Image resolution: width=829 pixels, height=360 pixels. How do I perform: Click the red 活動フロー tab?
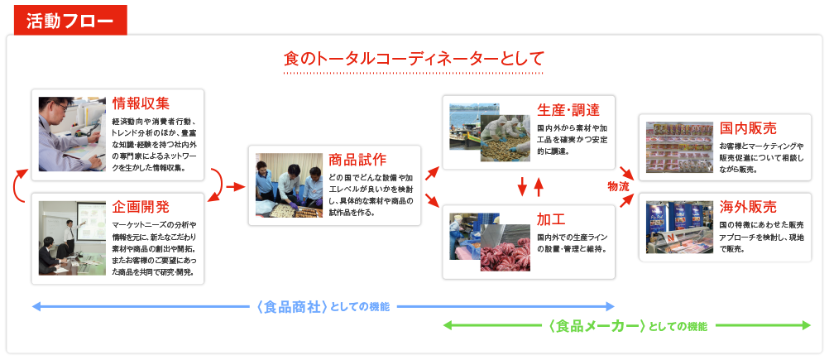tap(70, 20)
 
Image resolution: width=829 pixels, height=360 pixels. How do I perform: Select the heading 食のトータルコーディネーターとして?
tap(414, 58)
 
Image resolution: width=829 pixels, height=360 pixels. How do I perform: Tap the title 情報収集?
tap(141, 104)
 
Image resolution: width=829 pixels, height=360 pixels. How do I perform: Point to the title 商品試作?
tap(357, 161)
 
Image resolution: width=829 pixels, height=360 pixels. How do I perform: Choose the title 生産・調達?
tap(568, 110)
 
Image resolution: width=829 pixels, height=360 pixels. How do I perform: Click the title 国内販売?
tap(748, 128)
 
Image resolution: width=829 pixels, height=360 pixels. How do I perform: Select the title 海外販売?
tap(748, 207)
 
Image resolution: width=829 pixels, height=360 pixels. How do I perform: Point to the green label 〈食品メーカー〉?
tap(597, 325)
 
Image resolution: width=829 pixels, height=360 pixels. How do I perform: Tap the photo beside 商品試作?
tap(290, 185)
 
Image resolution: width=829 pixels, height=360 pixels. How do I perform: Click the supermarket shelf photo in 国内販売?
tap(679, 148)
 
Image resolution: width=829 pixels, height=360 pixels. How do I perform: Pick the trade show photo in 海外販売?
tap(679, 227)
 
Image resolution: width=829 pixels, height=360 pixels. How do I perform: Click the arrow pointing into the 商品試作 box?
tap(236, 186)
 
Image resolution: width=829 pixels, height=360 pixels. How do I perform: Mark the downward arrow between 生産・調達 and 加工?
tap(522, 186)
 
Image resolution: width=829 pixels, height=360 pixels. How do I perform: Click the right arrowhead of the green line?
tap(807, 325)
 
